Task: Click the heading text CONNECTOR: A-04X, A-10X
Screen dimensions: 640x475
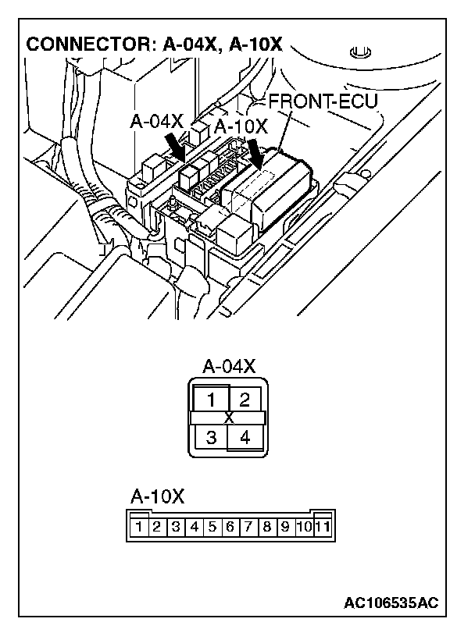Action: [x=154, y=44]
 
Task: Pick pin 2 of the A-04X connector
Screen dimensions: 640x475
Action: [x=245, y=401]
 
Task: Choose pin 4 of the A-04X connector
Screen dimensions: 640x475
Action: [x=245, y=437]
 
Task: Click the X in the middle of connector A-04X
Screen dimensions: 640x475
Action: [x=228, y=418]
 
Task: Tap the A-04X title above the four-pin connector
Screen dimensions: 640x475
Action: [x=228, y=367]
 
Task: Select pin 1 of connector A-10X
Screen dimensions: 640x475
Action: [x=138, y=527]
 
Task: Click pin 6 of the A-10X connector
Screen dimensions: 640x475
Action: [x=230, y=527]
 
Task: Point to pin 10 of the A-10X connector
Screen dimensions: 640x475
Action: [x=304, y=527]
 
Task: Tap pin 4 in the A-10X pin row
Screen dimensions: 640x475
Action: [x=194, y=527]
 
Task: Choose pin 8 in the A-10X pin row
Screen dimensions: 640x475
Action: [x=267, y=527]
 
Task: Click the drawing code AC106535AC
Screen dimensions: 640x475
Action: [x=391, y=603]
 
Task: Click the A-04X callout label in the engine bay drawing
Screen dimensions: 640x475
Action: [x=156, y=122]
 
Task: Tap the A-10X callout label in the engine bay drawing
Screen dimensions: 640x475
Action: [x=240, y=127]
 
